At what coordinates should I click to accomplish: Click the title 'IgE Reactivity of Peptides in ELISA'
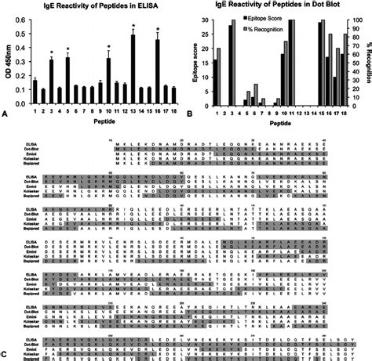pyautogui.click(x=90, y=7)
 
